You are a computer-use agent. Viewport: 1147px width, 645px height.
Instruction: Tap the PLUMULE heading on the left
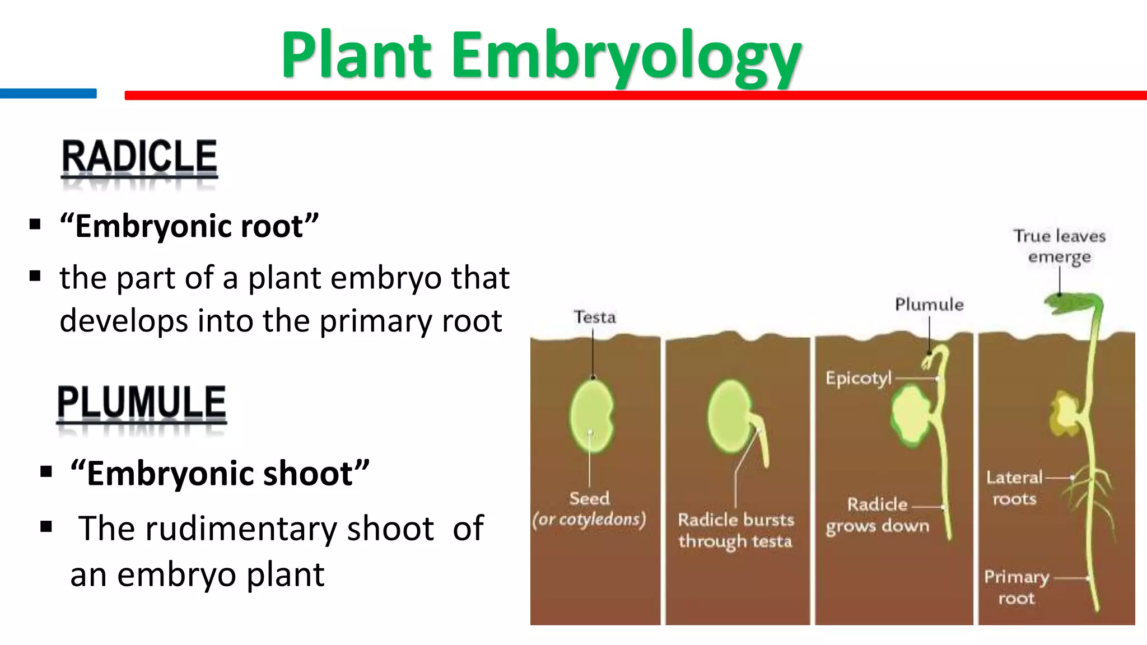[x=141, y=403]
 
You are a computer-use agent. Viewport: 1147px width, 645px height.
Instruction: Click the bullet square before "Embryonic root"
[x=35, y=225]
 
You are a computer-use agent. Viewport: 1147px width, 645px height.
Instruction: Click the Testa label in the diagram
[x=594, y=317]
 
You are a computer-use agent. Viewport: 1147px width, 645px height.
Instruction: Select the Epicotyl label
[x=858, y=378]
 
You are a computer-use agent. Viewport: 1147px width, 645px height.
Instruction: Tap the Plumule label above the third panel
[x=929, y=305]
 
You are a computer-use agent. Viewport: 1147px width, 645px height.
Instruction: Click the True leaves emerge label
[x=1059, y=246]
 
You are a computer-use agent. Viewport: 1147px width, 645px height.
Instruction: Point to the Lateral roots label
[x=1014, y=488]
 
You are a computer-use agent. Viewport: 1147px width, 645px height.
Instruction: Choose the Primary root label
[x=1016, y=587]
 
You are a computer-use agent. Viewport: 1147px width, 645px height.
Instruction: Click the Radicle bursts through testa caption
[x=735, y=530]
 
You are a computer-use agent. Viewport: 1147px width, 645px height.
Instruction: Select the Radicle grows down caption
[x=877, y=515]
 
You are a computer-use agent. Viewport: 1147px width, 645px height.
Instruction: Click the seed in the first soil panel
[x=591, y=417]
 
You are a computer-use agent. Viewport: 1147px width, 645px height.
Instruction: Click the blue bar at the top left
[x=48, y=94]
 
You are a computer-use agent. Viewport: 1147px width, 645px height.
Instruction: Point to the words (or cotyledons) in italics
[x=589, y=520]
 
